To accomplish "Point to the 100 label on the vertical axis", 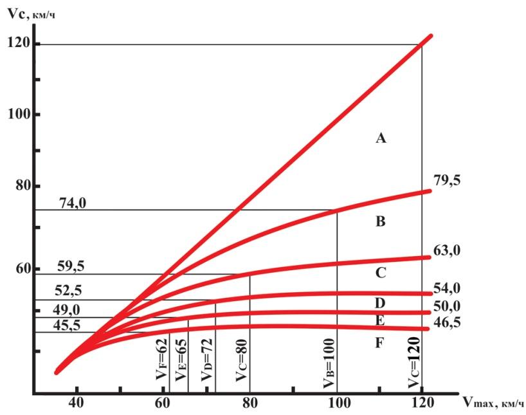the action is [x=19, y=114].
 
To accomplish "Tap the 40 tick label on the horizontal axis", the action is [x=76, y=402].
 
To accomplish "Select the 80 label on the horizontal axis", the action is [x=249, y=402].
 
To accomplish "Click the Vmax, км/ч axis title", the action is [x=493, y=402].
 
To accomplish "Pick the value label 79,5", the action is [x=447, y=180].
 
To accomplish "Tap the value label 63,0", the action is [x=447, y=250].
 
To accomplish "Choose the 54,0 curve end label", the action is [x=447, y=288].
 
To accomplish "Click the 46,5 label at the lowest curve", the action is [x=447, y=322].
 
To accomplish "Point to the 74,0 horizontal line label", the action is [x=73, y=203].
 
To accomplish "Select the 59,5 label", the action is [x=71, y=266].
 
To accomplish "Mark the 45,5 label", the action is [x=67, y=325].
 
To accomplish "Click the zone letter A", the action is [x=381, y=138].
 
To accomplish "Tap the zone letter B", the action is [x=381, y=221].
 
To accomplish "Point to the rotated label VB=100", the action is [x=329, y=363].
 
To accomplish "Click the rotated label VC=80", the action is [x=242, y=360].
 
